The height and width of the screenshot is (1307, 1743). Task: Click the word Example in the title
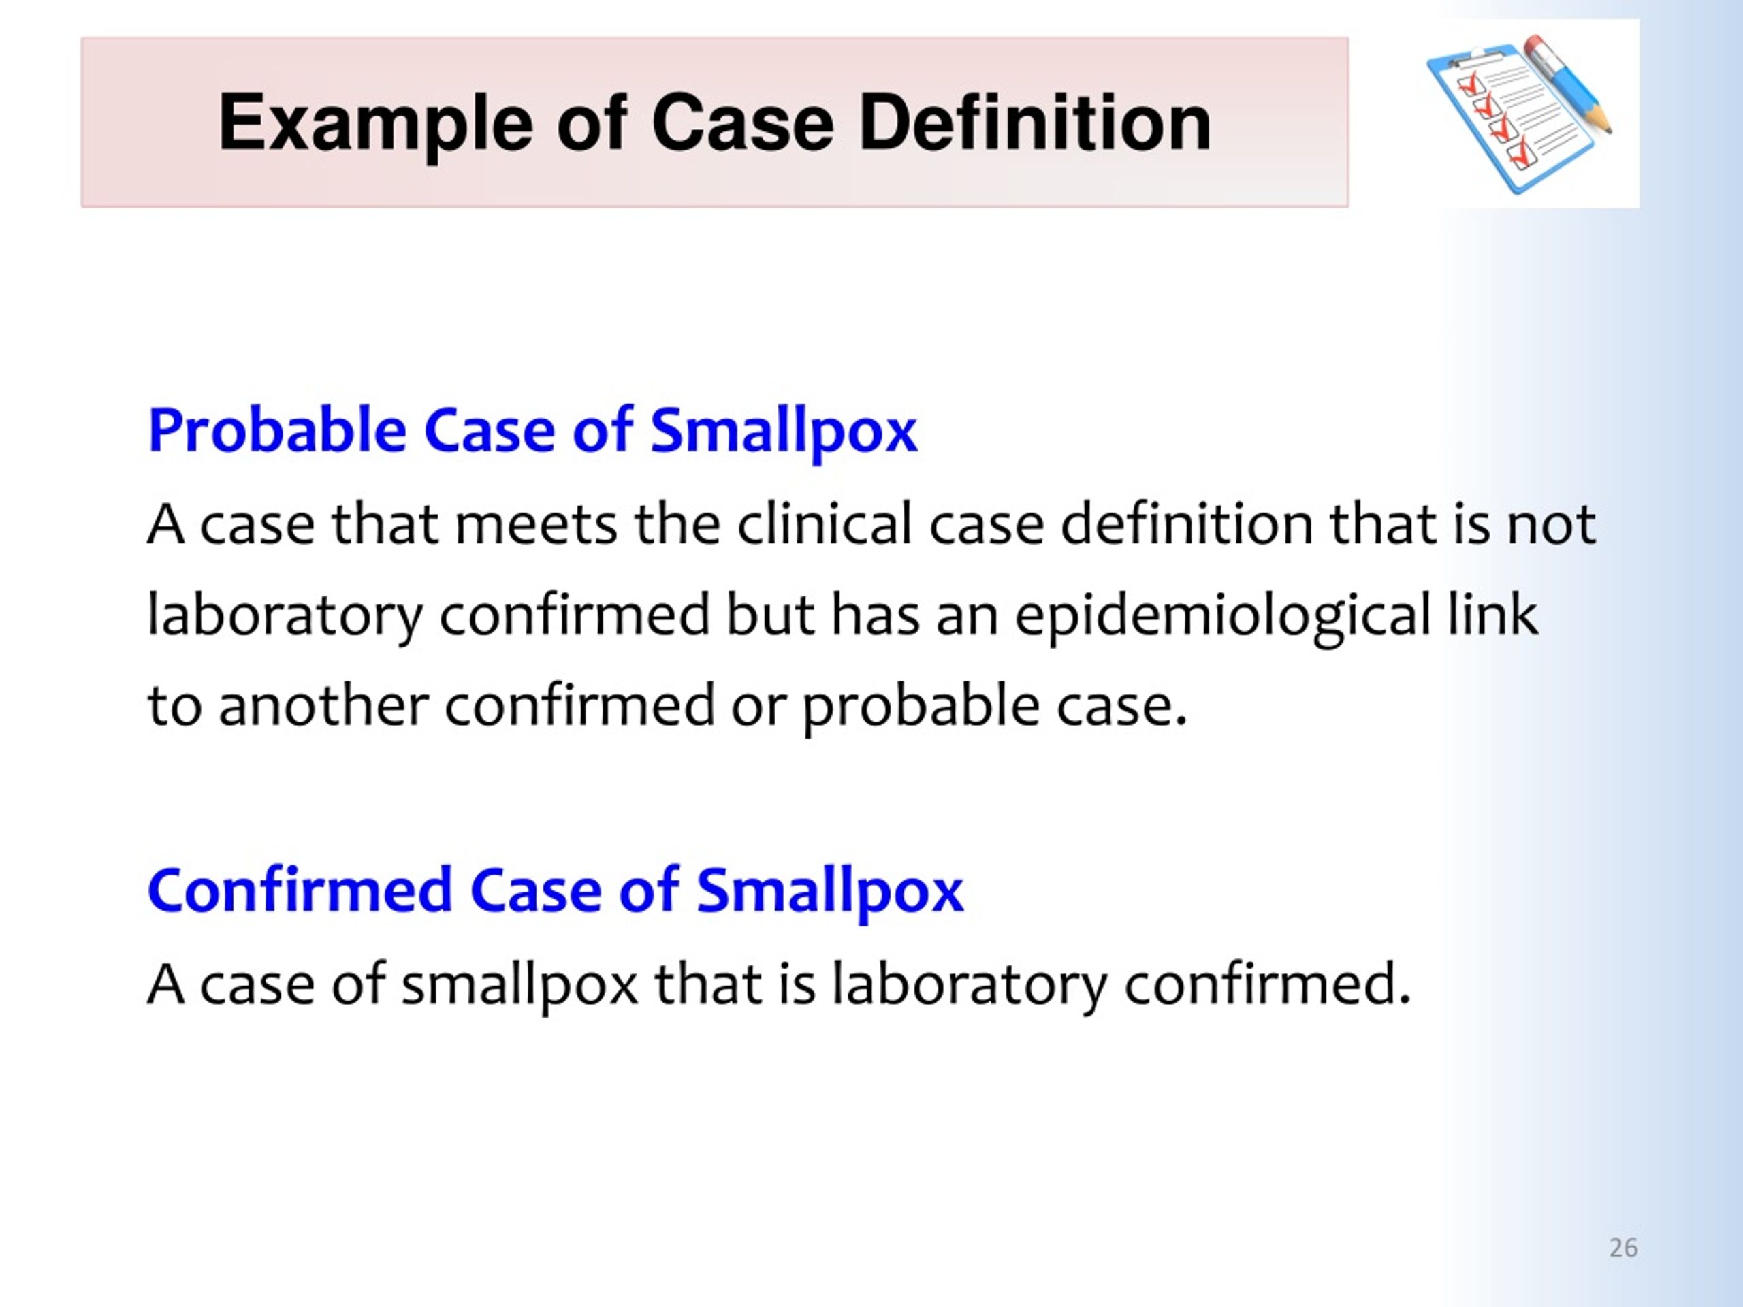376,123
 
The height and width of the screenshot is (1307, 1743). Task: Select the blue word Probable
276,430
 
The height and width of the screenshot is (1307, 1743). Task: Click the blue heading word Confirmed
300,890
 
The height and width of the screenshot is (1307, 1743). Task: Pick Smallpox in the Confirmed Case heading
830,891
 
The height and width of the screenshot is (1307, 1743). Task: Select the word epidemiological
1222,617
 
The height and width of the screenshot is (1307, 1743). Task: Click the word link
1492,614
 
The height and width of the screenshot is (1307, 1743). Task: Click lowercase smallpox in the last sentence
519,986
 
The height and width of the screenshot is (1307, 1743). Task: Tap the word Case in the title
742,123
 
